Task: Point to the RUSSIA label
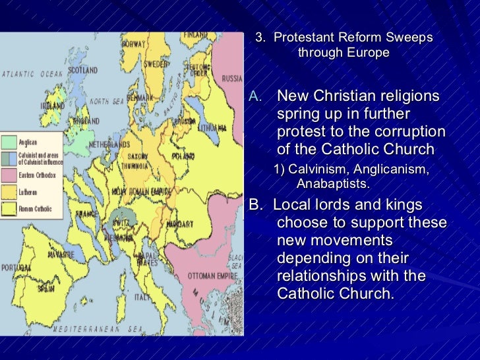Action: [x=232, y=78]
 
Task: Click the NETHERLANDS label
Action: [x=109, y=143]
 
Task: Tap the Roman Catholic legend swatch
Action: [x=9, y=208]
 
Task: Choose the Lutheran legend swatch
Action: [x=9, y=192]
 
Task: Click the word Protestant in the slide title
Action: [x=303, y=38]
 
